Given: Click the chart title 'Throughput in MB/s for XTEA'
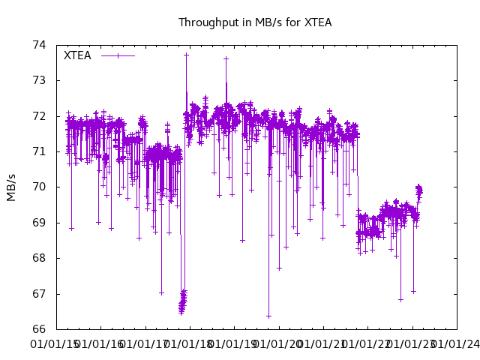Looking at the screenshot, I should tap(255, 22).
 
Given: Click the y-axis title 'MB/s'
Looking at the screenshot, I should tap(11, 187).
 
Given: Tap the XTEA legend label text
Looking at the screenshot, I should tap(77, 55).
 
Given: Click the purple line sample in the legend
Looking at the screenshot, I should tap(118, 55).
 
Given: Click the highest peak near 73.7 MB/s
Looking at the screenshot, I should tap(186, 55).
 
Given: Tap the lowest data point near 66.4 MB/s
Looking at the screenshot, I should tap(268, 316).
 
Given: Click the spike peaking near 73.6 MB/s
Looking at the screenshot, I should tap(226, 58).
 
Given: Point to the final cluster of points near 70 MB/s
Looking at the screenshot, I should tap(419, 190).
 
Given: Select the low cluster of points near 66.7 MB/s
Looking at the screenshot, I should tap(182, 304).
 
